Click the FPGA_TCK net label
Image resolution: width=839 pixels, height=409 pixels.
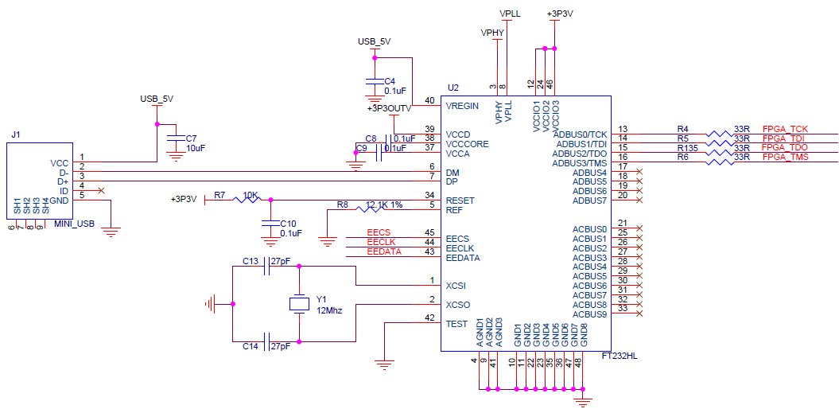(x=785, y=128)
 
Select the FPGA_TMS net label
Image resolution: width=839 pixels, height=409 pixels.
(x=785, y=157)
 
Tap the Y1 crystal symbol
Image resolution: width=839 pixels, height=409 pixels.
(x=299, y=303)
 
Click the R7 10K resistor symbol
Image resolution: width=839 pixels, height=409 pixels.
(x=247, y=200)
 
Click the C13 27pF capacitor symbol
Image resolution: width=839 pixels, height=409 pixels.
(x=266, y=266)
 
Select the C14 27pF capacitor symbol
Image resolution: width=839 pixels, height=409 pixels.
(x=266, y=341)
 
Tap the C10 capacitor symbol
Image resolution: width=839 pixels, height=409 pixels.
(x=270, y=223)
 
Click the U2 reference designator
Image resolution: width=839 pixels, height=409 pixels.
(x=453, y=88)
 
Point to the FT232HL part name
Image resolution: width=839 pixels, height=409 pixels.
(x=619, y=356)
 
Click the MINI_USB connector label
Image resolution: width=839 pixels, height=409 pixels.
(x=75, y=224)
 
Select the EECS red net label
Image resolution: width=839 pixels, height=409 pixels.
(x=379, y=232)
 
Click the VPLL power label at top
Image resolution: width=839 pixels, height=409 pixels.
(x=510, y=14)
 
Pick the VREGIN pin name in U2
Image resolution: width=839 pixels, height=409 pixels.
(x=462, y=105)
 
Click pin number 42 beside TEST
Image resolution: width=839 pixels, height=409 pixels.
(x=429, y=318)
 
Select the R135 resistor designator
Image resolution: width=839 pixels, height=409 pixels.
(x=688, y=147)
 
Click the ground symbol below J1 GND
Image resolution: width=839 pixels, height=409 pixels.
(x=111, y=232)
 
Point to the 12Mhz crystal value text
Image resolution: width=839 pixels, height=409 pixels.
(x=329, y=310)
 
